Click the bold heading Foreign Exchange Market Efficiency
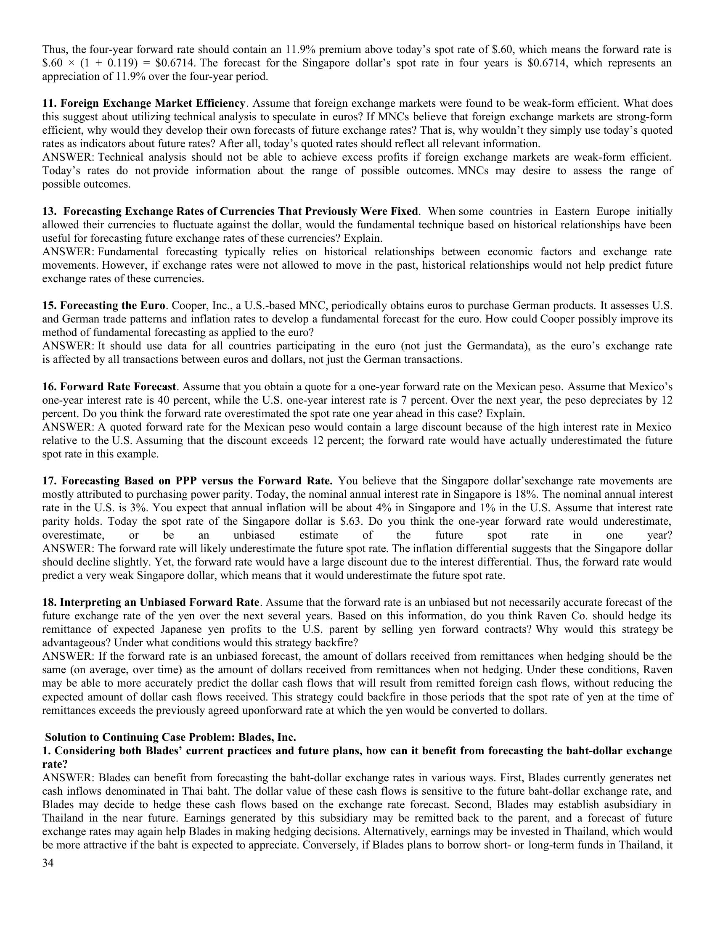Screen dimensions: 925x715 point(153,103)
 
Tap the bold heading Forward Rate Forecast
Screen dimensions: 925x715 point(118,387)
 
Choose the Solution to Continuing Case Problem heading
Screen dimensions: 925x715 point(170,737)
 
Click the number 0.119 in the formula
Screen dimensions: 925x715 point(123,63)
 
